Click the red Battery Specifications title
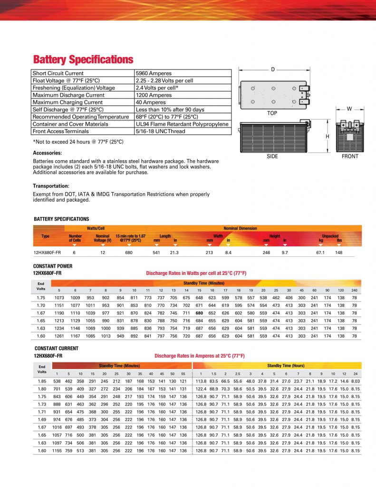point(83,60)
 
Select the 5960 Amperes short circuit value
point(154,73)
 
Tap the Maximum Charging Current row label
point(67,102)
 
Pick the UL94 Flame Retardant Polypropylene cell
point(182,124)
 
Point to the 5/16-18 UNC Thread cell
point(160,131)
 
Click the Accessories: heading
point(47,153)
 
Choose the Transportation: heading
point(51,186)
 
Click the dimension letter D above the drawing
point(273,70)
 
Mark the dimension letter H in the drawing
point(328,136)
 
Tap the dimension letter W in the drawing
point(349,109)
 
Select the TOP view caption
point(272,114)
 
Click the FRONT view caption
point(350,156)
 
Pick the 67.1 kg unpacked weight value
point(320,253)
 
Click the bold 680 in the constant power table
point(199,313)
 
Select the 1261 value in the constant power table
point(59,336)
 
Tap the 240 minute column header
point(354,290)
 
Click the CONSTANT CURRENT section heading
point(56,349)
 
